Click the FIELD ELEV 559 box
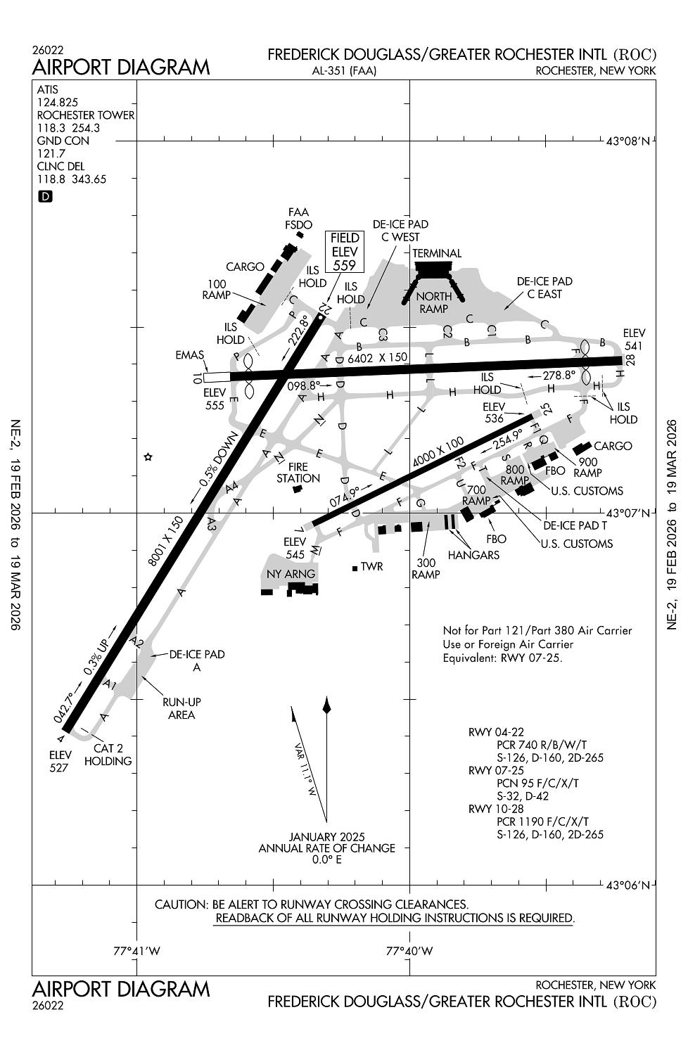pos(345,251)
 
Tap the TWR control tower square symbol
pos(356,567)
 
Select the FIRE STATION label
pos(298,473)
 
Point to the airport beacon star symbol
pos(148,457)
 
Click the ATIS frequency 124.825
pos(58,103)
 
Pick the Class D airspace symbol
pos(44,197)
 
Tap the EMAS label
pos(190,356)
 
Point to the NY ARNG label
pos(291,574)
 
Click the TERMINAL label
pos(437,253)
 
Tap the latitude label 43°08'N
pos(630,141)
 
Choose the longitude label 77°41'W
pos(137,952)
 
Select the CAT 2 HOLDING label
pos(108,755)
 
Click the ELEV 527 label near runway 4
pos(59,762)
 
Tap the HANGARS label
pos(473,555)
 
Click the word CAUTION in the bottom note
pos(179,904)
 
